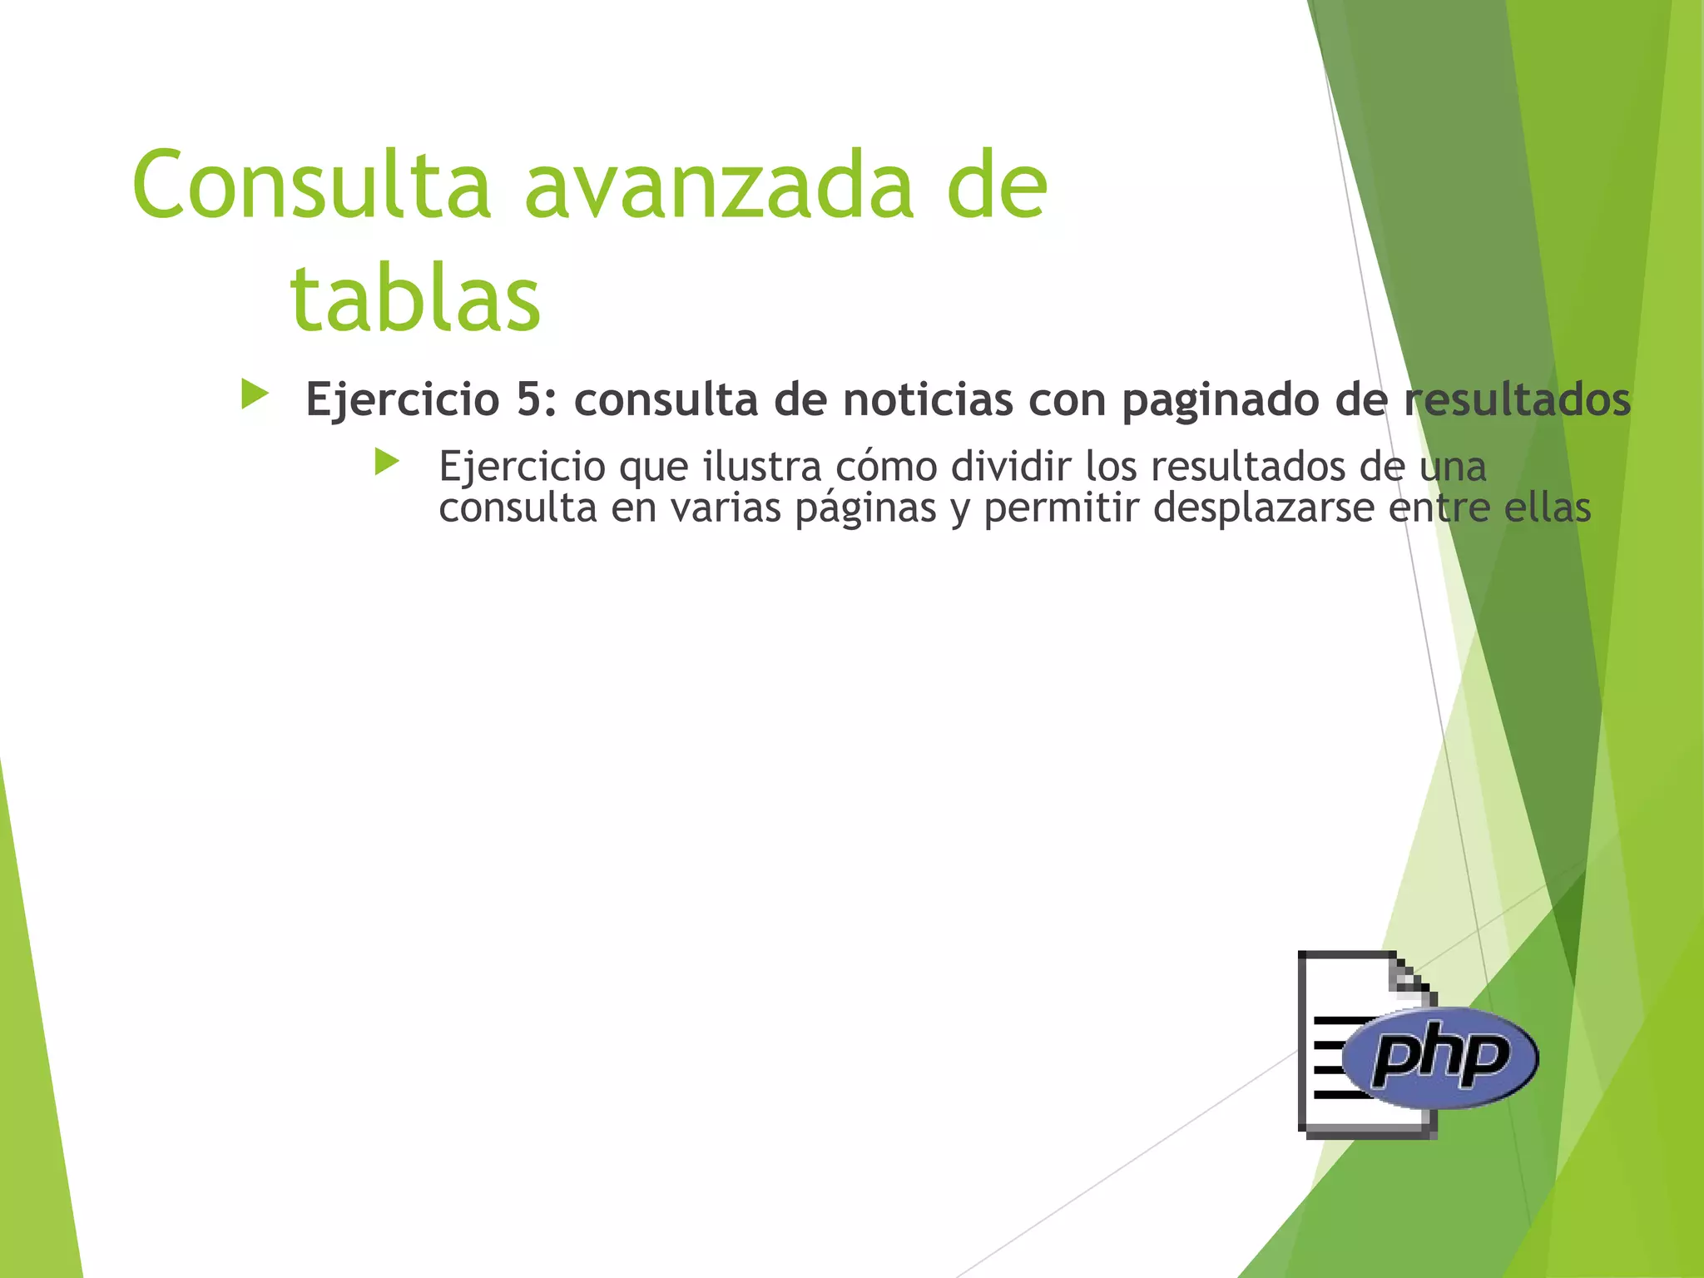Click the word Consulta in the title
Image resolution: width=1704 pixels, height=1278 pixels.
click(x=311, y=186)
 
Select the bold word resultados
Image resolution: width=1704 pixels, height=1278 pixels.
click(x=1517, y=400)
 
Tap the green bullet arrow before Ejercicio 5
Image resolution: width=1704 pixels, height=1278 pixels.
click(x=255, y=394)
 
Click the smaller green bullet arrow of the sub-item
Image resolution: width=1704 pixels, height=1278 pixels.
click(x=387, y=462)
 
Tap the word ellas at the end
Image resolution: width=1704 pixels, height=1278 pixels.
click(x=1547, y=508)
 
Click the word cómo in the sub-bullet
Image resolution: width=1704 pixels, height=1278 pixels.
click(x=885, y=466)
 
